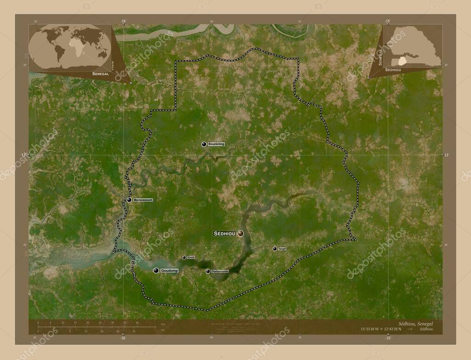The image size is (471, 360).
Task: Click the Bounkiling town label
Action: tap(216, 144)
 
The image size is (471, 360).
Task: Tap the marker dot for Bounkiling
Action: tap(204, 144)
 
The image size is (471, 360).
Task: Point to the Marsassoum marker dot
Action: tap(130, 200)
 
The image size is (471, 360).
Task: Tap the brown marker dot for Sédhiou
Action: tap(241, 234)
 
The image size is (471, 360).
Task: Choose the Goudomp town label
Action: tap(169, 271)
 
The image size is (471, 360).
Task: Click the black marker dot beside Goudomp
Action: tap(156, 271)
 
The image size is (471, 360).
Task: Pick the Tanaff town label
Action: tap(282, 249)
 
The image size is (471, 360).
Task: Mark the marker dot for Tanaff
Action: tap(275, 249)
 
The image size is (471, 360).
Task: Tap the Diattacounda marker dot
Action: tap(208, 272)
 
